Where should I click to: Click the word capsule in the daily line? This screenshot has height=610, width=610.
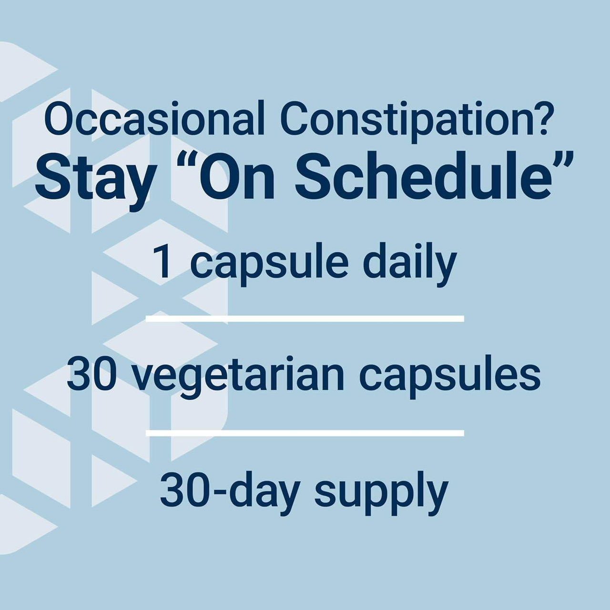(269, 264)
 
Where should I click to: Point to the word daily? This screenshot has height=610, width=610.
(409, 264)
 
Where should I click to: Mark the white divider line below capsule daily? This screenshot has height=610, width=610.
(305, 318)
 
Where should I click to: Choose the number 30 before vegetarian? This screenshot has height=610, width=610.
(91, 375)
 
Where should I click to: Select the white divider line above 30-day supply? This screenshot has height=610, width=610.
(305, 433)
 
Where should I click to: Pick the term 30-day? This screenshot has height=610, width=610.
(229, 491)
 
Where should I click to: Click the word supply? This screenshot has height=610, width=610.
(381, 493)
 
